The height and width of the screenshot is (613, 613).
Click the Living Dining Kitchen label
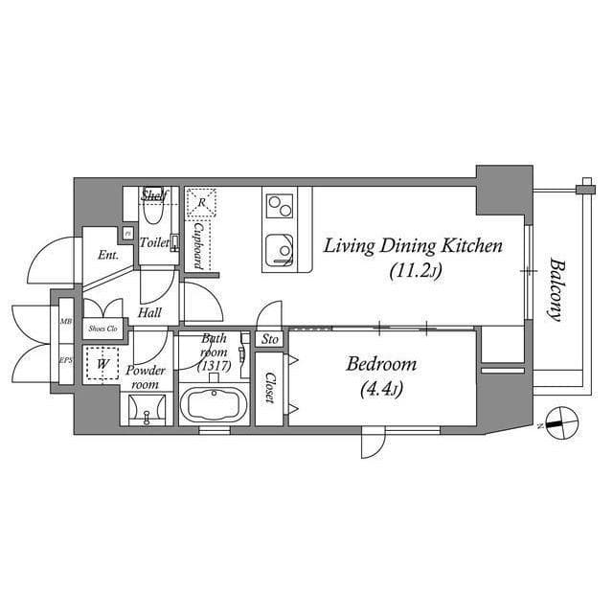(413, 246)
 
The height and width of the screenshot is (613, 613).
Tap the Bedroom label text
(381, 364)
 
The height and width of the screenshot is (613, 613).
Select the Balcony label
(555, 287)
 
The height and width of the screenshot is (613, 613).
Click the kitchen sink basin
(280, 246)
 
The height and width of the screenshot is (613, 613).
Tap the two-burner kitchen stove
(280, 205)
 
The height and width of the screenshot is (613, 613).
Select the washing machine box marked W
(101, 365)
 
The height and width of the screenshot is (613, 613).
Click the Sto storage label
(270, 339)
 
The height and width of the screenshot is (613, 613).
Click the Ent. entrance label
(107, 256)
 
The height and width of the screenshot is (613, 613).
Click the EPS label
(66, 360)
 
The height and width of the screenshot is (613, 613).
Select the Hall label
(148, 312)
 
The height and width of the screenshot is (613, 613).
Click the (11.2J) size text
(413, 271)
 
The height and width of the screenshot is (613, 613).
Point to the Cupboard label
(195, 245)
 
